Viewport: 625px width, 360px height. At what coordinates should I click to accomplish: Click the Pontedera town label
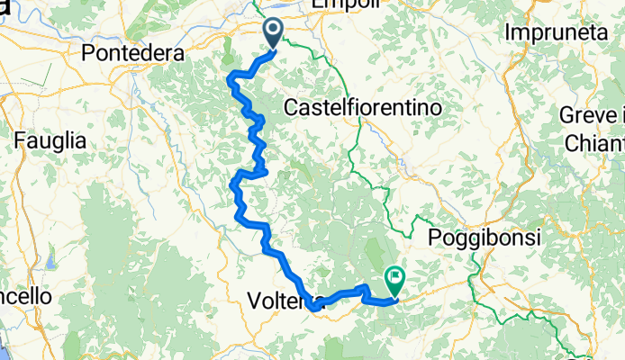tap(132, 54)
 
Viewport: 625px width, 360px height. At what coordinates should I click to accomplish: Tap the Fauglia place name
tap(50, 140)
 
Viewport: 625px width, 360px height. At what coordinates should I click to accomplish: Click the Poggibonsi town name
tap(484, 238)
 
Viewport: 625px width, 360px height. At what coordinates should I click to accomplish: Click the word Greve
tap(587, 117)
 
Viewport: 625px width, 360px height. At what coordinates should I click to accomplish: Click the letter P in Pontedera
tap(87, 54)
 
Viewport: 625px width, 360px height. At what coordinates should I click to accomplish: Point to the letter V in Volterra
tap(253, 300)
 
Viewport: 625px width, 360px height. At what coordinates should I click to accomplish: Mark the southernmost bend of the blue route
tap(312, 309)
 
